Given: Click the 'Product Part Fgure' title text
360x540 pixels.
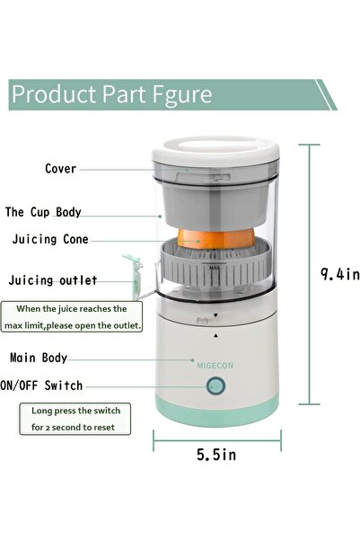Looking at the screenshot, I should point(111,94).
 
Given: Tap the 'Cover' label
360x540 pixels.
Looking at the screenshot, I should point(61,169).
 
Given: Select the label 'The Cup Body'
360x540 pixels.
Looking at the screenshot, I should point(56,213).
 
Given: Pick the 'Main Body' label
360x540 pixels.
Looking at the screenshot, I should point(39,358).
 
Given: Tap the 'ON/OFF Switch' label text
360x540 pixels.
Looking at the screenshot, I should point(54,385).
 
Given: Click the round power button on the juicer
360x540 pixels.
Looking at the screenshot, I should point(215,386).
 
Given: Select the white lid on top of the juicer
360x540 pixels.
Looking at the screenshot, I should point(215,153).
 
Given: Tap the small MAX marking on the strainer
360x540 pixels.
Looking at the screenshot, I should point(215,268).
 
